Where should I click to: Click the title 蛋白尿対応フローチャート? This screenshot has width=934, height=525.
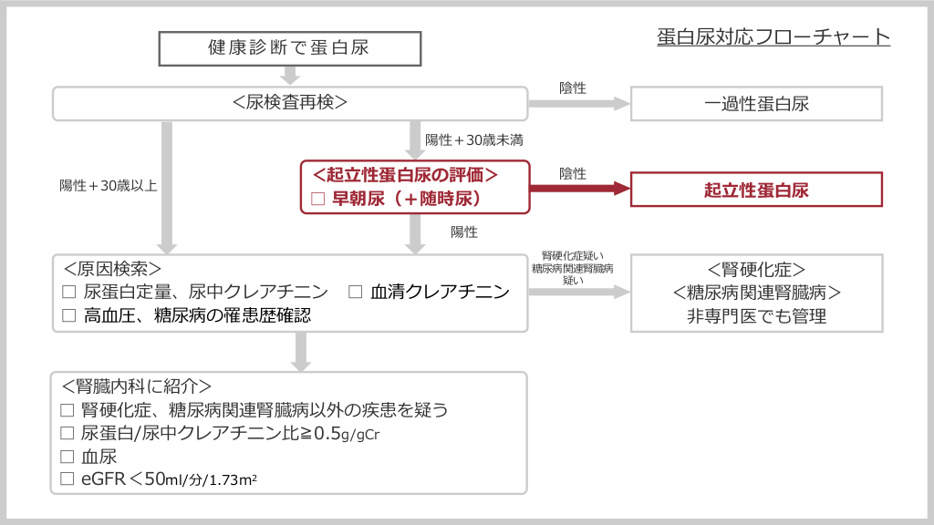[773, 37]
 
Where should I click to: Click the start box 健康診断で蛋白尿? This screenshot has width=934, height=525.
[289, 48]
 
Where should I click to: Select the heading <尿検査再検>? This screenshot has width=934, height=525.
[290, 103]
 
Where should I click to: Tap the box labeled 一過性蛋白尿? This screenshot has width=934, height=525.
[756, 103]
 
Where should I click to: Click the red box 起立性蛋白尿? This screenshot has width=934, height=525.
[756, 190]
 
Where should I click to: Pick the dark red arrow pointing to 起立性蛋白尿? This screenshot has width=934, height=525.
[580, 190]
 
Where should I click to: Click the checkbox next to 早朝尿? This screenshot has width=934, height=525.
[318, 198]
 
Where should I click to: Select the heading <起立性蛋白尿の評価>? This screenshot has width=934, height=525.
[404, 174]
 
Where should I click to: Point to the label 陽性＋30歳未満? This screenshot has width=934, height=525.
[473, 140]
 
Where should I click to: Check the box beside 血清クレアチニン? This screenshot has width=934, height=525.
[356, 293]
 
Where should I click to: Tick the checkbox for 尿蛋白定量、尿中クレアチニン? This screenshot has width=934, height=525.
[68, 293]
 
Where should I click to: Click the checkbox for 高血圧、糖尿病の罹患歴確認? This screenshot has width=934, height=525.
[68, 315]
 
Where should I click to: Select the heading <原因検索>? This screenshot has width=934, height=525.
[113, 270]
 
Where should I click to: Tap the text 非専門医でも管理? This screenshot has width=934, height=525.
[756, 317]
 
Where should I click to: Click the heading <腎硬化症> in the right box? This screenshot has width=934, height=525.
[756, 270]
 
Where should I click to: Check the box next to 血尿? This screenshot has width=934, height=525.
[67, 456]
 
